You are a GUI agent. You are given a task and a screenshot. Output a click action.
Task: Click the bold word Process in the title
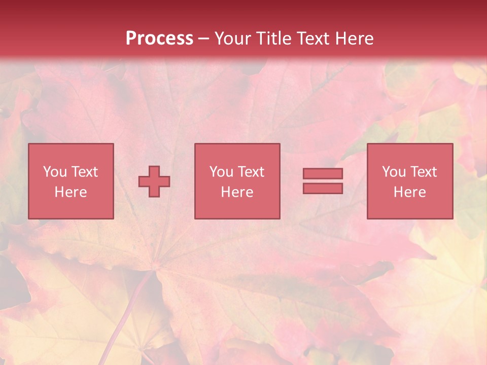(x=159, y=39)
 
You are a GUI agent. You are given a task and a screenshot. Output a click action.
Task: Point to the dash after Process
(x=203, y=39)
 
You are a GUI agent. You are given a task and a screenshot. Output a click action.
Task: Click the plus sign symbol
(x=154, y=181)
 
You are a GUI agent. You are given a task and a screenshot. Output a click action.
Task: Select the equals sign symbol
(x=323, y=181)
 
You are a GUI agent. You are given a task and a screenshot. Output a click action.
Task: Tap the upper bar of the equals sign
(x=323, y=174)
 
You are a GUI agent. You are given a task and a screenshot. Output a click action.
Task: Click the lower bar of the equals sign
(x=323, y=188)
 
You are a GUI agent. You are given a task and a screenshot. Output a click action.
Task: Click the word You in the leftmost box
(x=55, y=172)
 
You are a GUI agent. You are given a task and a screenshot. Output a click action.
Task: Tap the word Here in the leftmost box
(x=71, y=192)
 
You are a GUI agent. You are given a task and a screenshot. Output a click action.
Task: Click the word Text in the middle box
(x=251, y=172)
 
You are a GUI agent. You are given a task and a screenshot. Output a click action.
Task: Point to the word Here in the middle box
(x=237, y=192)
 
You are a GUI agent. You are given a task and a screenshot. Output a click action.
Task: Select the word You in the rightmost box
(x=394, y=172)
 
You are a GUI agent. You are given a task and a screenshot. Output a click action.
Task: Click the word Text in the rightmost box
(x=424, y=172)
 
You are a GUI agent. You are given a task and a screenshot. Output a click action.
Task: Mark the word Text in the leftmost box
(x=85, y=172)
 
